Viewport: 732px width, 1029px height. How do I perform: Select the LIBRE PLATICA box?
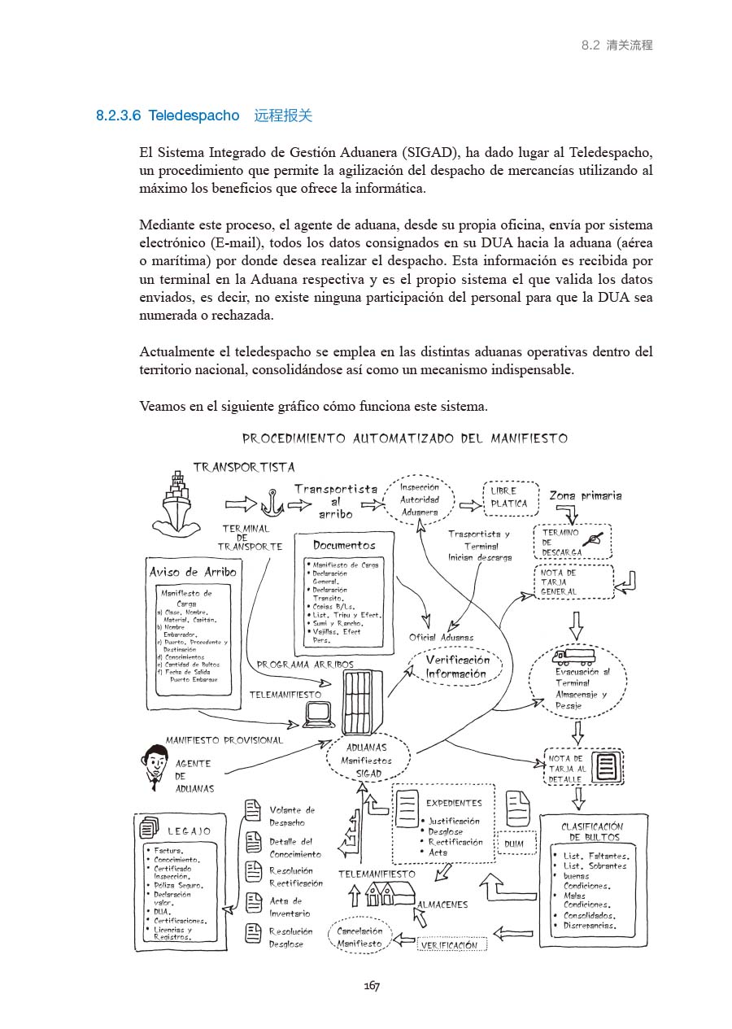pyautogui.click(x=510, y=498)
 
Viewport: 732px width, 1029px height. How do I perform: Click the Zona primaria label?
pyautogui.click(x=585, y=495)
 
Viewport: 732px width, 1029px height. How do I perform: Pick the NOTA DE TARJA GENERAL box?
pyautogui.click(x=574, y=582)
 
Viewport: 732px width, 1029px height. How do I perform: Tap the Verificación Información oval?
pyautogui.click(x=456, y=667)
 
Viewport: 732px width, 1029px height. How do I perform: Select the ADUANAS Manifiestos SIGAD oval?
pyautogui.click(x=366, y=761)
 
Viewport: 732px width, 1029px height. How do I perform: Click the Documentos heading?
pyautogui.click(x=344, y=545)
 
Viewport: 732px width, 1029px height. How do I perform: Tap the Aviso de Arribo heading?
pyautogui.click(x=193, y=572)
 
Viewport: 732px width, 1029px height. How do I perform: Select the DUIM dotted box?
pyautogui.click(x=514, y=844)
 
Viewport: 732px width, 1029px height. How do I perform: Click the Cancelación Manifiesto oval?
pyautogui.click(x=359, y=938)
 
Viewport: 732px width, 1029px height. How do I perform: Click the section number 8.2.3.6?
pyautogui.click(x=118, y=116)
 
